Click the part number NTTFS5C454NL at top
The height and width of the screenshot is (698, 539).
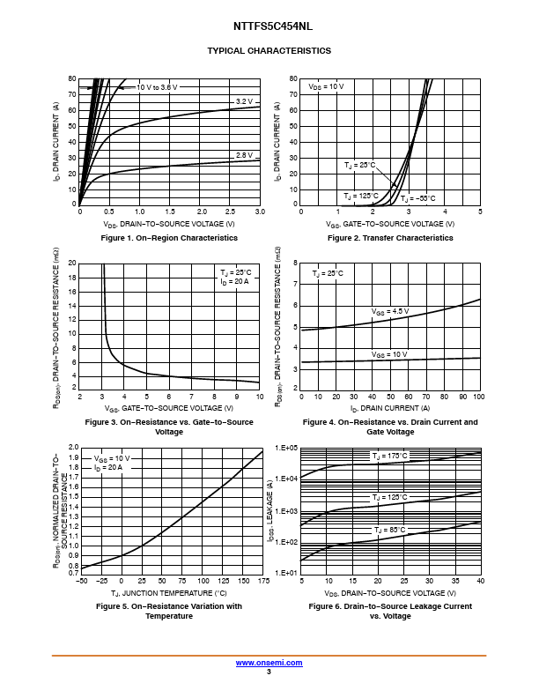click(x=269, y=27)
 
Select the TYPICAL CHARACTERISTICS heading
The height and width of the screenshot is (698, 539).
click(x=269, y=51)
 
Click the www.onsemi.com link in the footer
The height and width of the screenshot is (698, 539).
click(x=269, y=662)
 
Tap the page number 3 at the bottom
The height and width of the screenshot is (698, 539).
click(x=269, y=672)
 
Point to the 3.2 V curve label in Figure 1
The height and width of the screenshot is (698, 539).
click(x=244, y=101)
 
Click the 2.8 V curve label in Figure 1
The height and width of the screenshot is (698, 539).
click(x=244, y=155)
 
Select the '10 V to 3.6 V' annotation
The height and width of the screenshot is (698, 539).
click(x=157, y=87)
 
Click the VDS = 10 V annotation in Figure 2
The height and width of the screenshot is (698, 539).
click(x=326, y=87)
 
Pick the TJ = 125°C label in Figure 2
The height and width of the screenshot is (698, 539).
click(x=361, y=196)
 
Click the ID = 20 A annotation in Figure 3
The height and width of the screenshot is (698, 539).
click(x=234, y=281)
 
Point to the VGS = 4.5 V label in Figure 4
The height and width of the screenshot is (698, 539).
click(x=389, y=311)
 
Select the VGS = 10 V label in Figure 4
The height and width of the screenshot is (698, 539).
click(x=388, y=354)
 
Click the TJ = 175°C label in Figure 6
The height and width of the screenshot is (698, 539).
click(x=389, y=456)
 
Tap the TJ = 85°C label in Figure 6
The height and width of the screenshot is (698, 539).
click(x=388, y=530)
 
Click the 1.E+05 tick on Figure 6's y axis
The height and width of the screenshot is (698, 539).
click(x=287, y=449)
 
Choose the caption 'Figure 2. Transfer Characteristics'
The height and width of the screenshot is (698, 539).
click(x=390, y=238)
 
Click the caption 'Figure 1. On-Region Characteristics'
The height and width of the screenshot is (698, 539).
click(x=169, y=238)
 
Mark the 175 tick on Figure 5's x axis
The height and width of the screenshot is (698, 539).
click(x=262, y=583)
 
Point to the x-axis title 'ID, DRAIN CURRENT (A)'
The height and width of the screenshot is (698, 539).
click(x=390, y=408)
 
